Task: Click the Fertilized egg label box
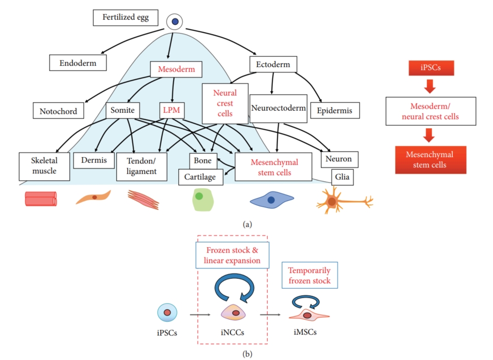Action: click(125, 18)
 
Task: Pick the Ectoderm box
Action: click(273, 65)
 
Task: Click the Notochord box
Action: click(58, 111)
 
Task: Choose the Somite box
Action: click(122, 110)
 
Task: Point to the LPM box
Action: click(171, 110)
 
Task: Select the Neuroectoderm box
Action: click(278, 109)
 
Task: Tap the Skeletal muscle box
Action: click(44, 166)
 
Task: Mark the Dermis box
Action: click(97, 160)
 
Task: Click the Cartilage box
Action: click(201, 177)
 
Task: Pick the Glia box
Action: click(342, 177)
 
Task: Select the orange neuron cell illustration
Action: click(333, 201)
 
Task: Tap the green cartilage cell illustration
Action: click(203, 200)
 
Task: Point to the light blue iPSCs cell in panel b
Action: click(167, 312)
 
